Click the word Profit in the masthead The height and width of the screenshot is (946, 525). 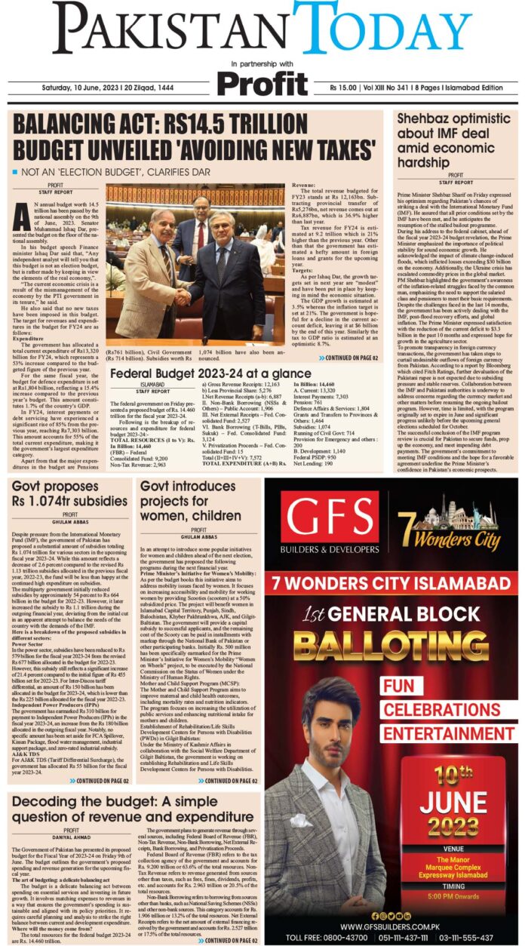(262, 81)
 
